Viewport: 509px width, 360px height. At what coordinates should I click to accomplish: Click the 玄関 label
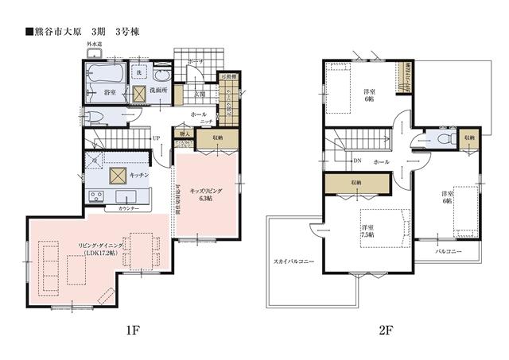200,94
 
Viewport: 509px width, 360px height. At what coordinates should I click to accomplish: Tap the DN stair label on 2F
357,161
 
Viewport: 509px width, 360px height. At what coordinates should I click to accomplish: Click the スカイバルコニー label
294,261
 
